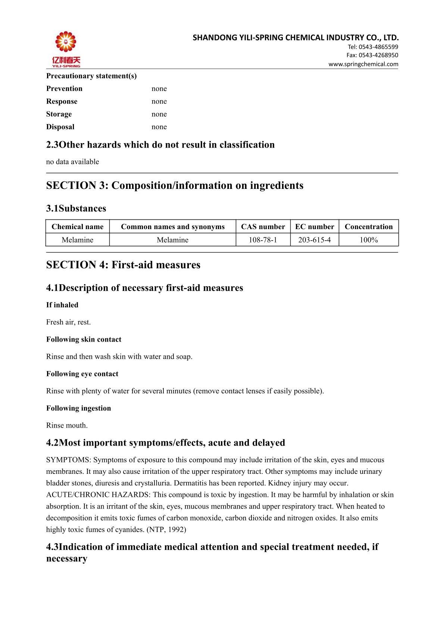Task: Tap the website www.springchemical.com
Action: click(363, 64)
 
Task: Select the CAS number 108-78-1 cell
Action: click(263, 240)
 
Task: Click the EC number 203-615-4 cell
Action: click(314, 240)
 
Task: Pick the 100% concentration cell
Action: click(369, 240)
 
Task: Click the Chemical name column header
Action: click(77, 227)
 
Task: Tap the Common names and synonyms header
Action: click(172, 227)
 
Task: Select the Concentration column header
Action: click(369, 227)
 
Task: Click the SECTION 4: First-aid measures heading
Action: click(123, 265)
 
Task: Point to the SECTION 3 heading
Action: click(175, 186)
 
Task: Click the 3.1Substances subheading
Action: click(76, 208)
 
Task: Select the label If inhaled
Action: click(62, 305)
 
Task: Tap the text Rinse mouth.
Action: click(67, 425)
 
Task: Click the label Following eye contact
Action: click(82, 374)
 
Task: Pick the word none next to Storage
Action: click(159, 114)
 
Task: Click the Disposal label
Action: click(60, 127)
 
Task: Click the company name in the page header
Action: click(296, 38)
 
